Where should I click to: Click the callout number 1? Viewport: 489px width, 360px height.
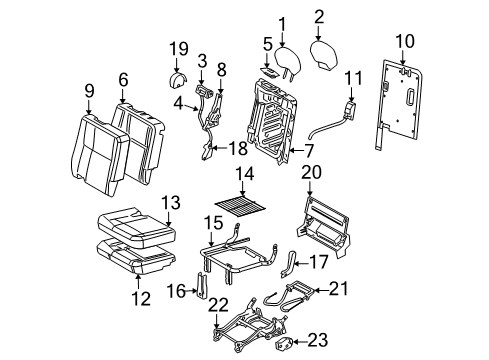point(282,23)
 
